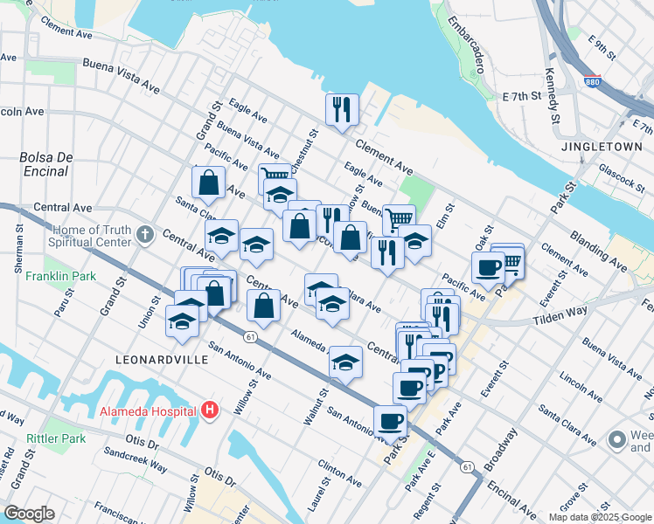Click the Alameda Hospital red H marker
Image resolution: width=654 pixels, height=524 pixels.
[209, 409]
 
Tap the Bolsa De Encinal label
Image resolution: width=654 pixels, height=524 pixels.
[44, 164]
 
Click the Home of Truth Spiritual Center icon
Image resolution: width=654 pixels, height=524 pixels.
[145, 235]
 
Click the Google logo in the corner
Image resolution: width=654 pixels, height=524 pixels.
[29, 514]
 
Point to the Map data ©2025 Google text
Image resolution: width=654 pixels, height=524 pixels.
[599, 517]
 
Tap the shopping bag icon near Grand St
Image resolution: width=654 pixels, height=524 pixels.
[209, 183]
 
